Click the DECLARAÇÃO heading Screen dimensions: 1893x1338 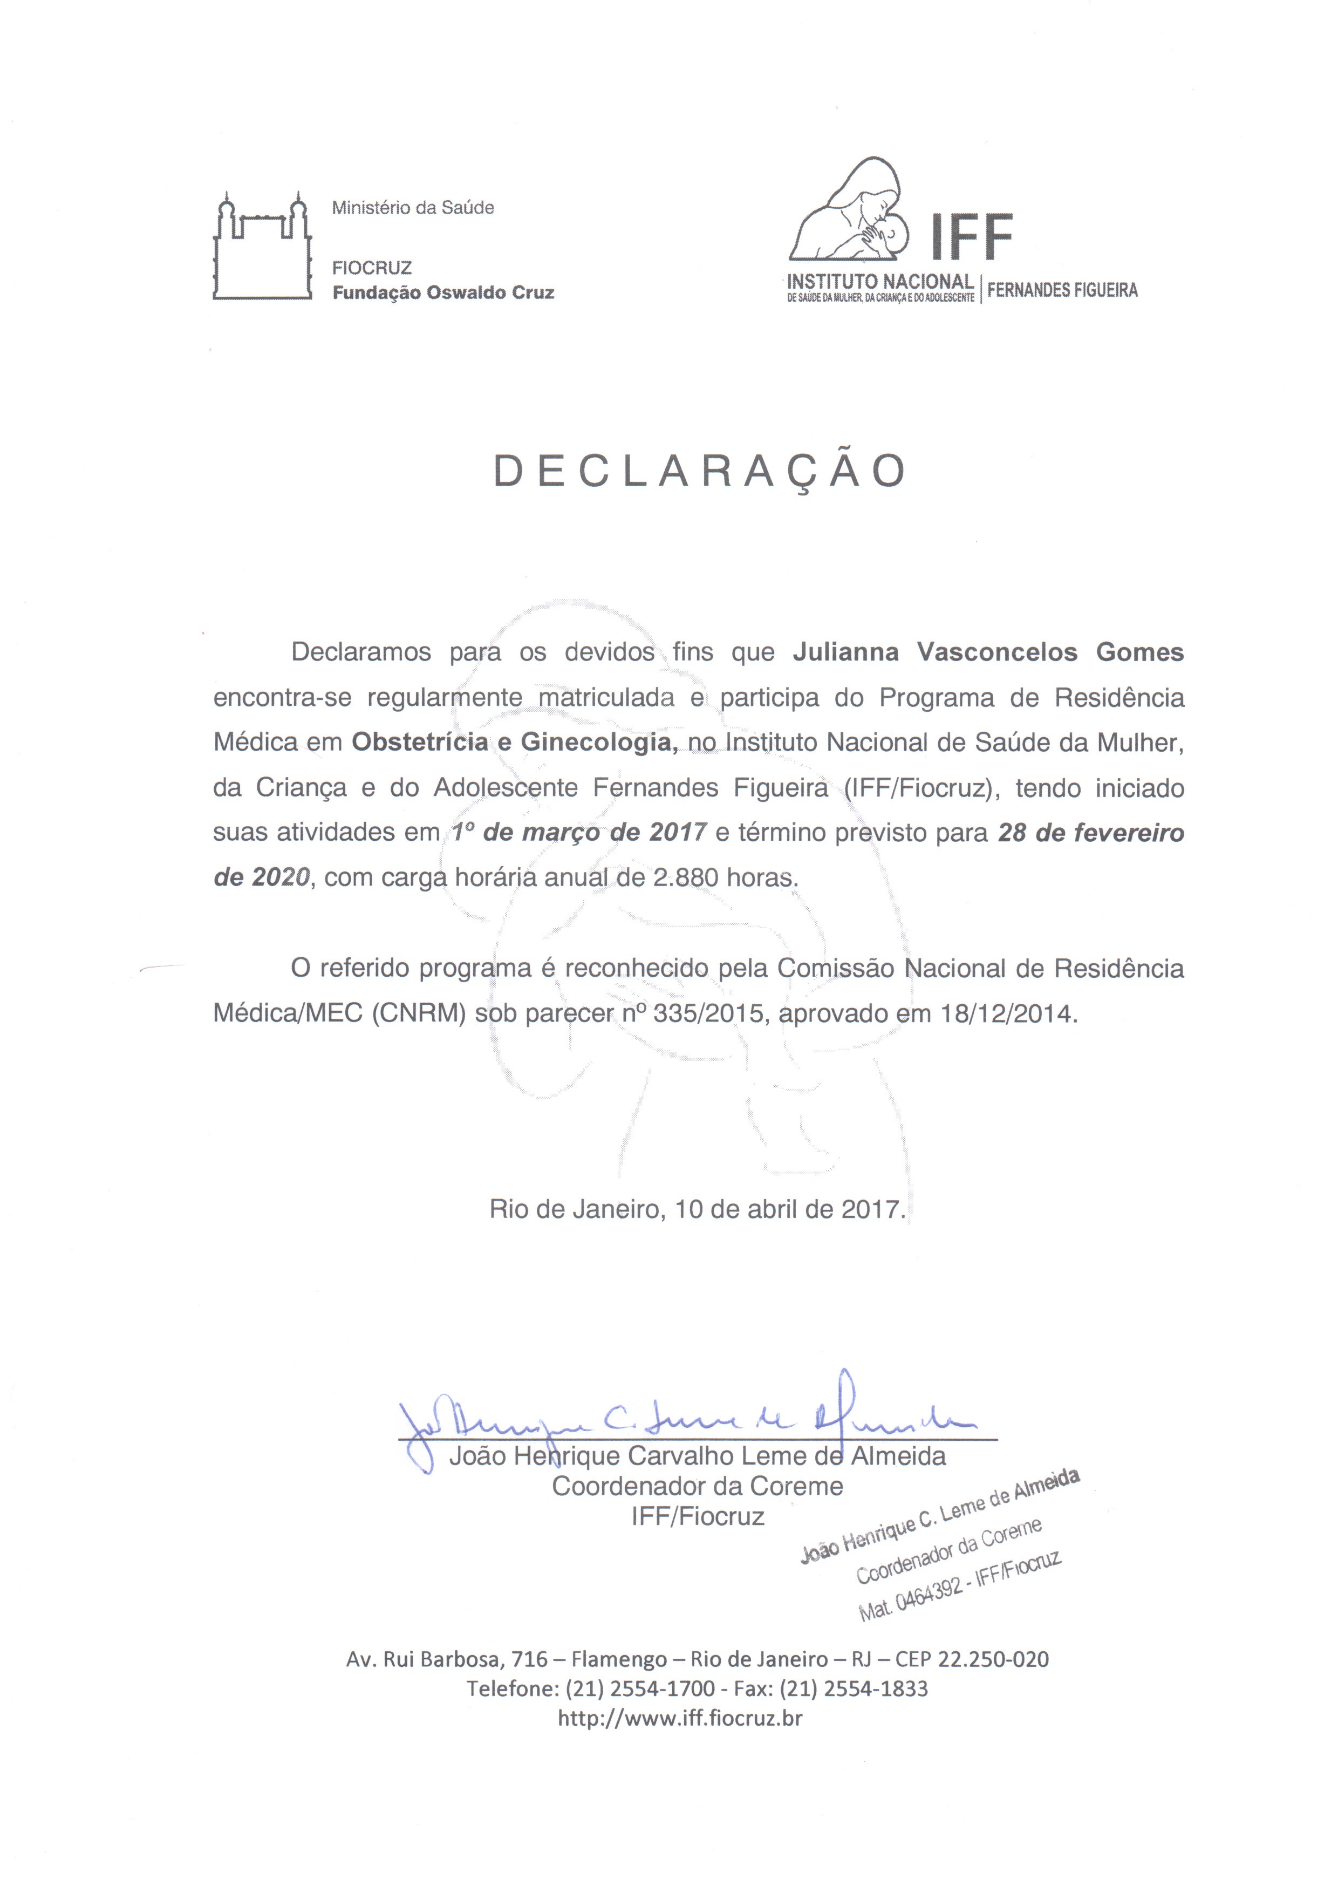tap(699, 472)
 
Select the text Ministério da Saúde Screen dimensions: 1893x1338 tap(412, 208)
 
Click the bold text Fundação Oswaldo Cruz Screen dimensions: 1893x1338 tap(443, 292)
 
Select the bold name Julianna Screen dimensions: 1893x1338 tap(848, 652)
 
